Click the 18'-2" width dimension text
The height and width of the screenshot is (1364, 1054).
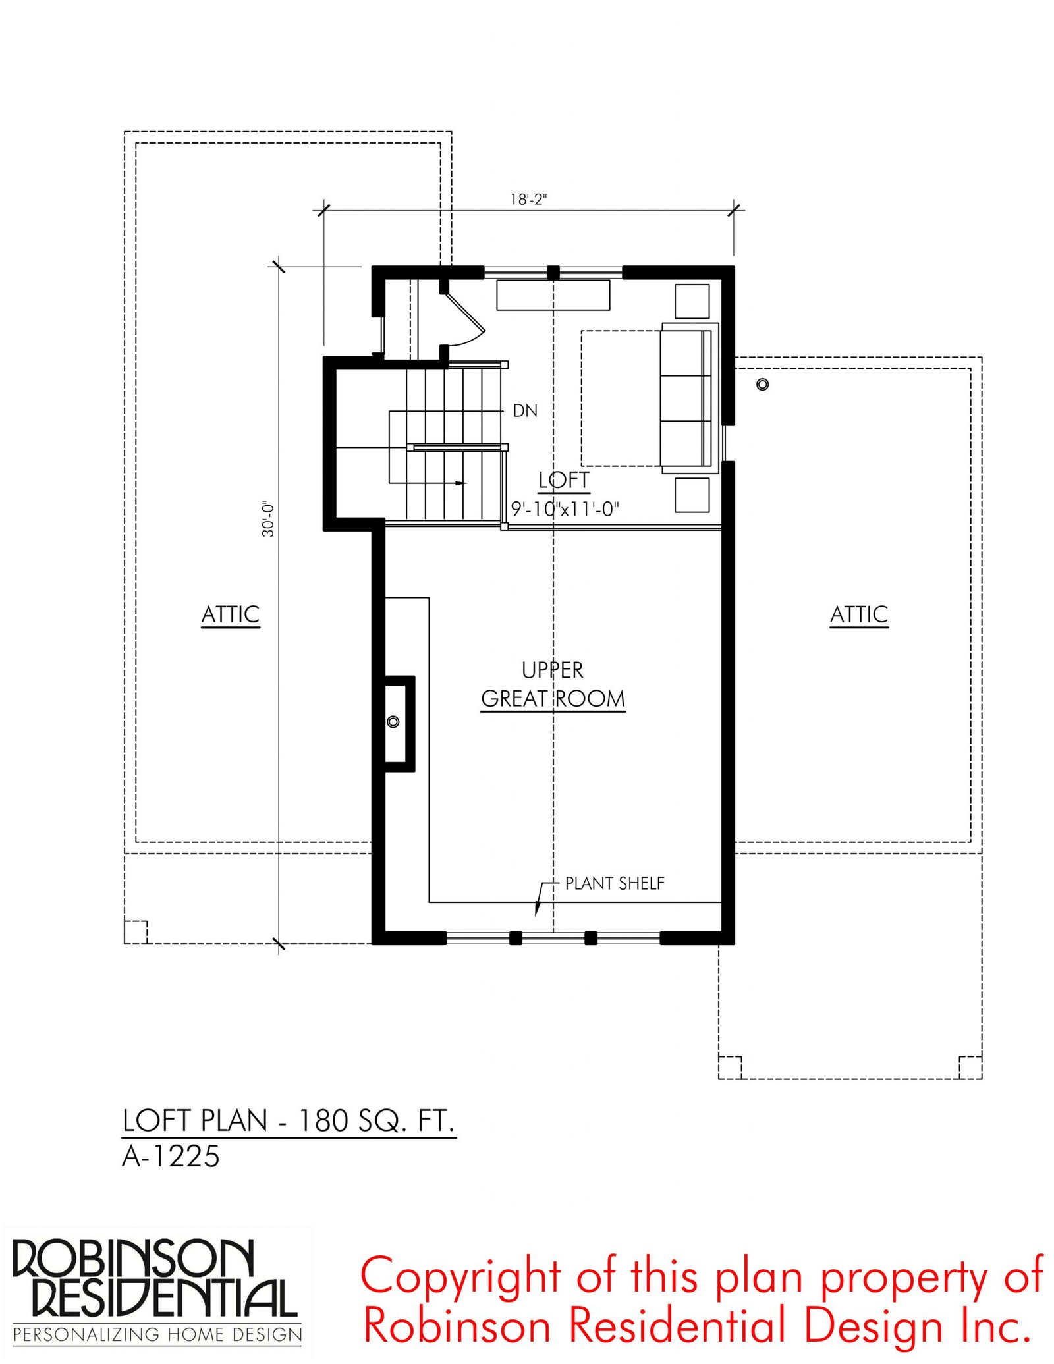pyautogui.click(x=528, y=199)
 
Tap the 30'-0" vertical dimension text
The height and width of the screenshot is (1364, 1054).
pyautogui.click(x=268, y=519)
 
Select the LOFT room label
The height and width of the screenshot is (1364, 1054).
pyautogui.click(x=564, y=480)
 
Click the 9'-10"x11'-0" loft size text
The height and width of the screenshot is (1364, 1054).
pyautogui.click(x=565, y=508)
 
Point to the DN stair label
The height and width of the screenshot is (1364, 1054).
pyautogui.click(x=525, y=411)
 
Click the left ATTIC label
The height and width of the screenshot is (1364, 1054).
pyautogui.click(x=231, y=614)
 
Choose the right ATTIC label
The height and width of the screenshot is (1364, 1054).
pyautogui.click(x=859, y=614)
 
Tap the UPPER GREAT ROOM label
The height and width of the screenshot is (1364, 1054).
pyautogui.click(x=553, y=684)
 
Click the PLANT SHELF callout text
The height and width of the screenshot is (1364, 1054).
pyautogui.click(x=615, y=883)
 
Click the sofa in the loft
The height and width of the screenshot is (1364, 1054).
pyautogui.click(x=689, y=398)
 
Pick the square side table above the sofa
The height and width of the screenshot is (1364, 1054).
pyautogui.click(x=692, y=301)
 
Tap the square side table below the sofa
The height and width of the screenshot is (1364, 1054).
pyautogui.click(x=692, y=495)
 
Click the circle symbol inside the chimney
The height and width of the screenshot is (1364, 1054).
pyautogui.click(x=393, y=722)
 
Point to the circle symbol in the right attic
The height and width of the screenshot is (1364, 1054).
pyautogui.click(x=763, y=384)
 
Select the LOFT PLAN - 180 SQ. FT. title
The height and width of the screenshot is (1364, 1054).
pyautogui.click(x=289, y=1121)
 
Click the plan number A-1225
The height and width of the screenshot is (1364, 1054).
pyautogui.click(x=171, y=1157)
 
